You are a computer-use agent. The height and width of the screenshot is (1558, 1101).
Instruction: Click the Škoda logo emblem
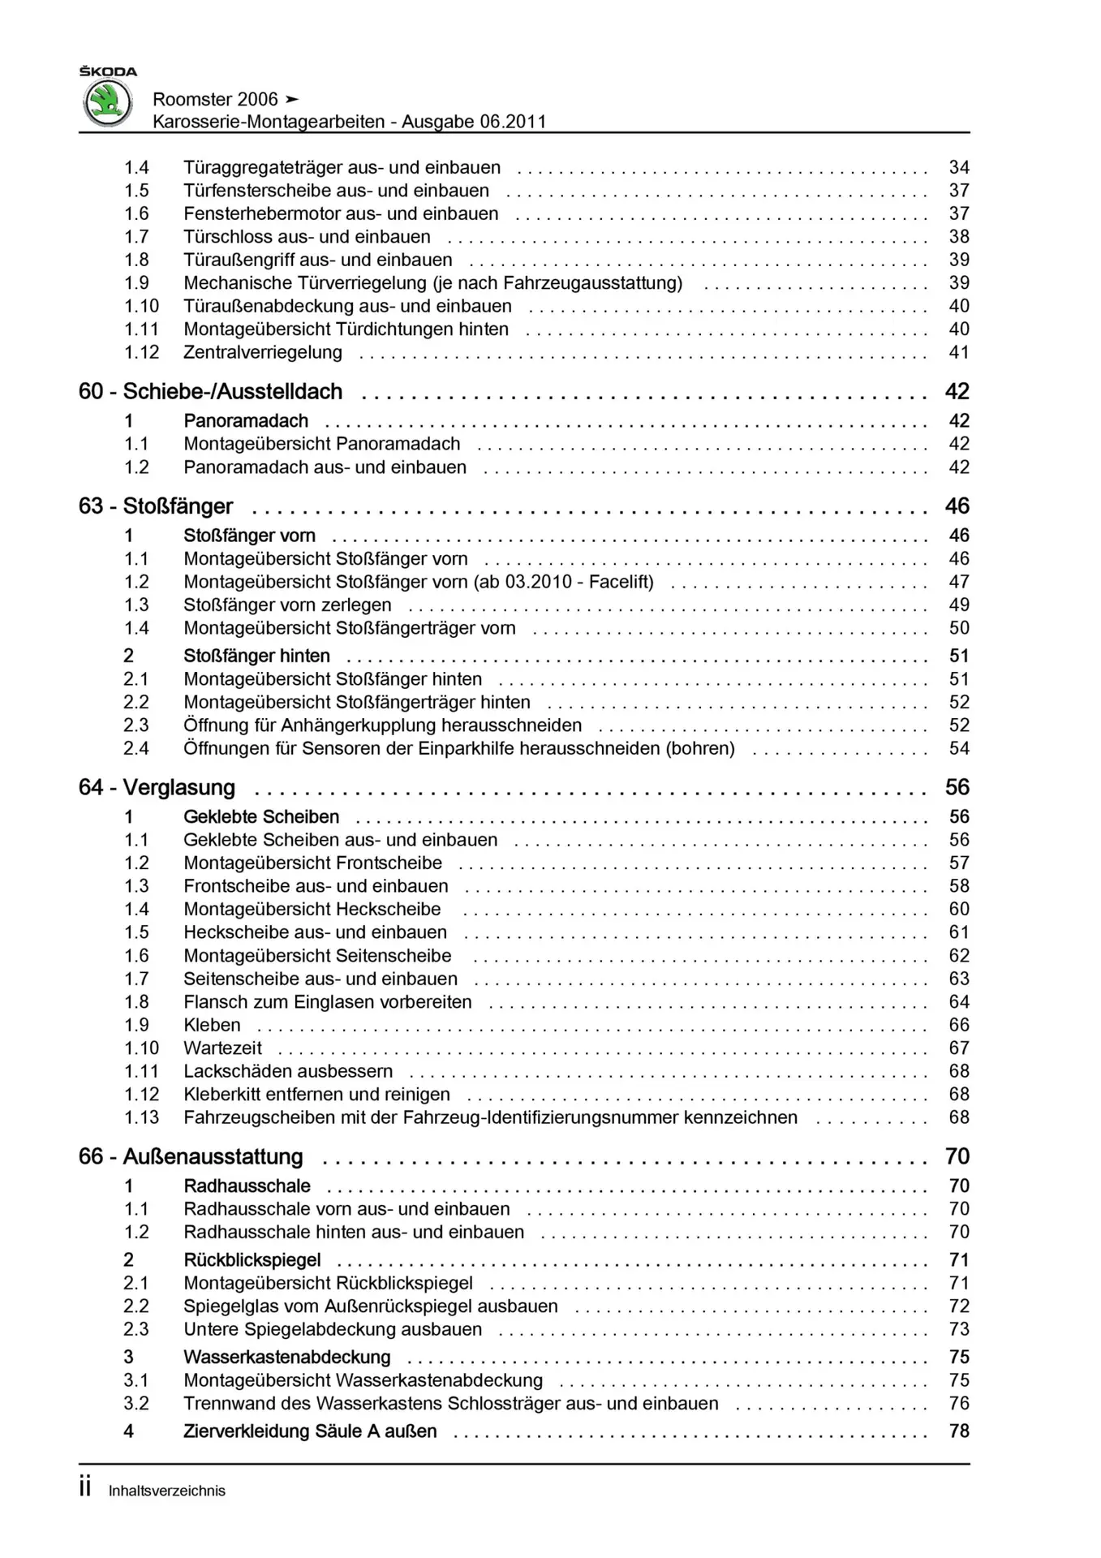pyautogui.click(x=108, y=104)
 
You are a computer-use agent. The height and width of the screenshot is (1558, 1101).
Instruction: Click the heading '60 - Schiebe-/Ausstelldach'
pyautogui.click(x=210, y=392)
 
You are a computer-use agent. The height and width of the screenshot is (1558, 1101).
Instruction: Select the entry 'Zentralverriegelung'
pyautogui.click(x=262, y=352)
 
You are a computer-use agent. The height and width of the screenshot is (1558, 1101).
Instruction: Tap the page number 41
pyautogui.click(x=958, y=352)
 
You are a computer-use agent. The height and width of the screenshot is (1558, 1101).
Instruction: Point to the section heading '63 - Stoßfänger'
pyautogui.click(x=156, y=506)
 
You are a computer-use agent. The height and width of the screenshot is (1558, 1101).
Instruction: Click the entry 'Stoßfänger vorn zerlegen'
pyautogui.click(x=287, y=605)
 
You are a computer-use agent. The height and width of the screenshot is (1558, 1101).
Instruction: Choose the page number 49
pyautogui.click(x=958, y=605)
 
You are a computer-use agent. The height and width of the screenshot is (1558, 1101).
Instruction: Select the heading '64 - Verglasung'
pyautogui.click(x=157, y=788)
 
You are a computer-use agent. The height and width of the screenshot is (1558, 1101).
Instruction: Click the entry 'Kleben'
pyautogui.click(x=212, y=1026)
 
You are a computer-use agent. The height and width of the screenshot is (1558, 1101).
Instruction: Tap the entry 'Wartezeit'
pyautogui.click(x=222, y=1048)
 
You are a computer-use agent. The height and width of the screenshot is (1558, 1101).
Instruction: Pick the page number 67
pyautogui.click(x=958, y=1048)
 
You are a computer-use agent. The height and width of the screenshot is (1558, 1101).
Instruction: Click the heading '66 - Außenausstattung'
pyautogui.click(x=191, y=1157)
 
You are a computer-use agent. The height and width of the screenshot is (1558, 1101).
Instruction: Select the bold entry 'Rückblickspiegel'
pyautogui.click(x=252, y=1260)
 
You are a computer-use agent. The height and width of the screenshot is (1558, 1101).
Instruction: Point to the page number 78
pyautogui.click(x=958, y=1431)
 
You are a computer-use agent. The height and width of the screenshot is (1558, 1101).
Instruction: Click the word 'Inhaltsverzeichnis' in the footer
pyautogui.click(x=167, y=1491)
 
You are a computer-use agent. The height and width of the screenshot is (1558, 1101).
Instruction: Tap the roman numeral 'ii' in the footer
pyautogui.click(x=85, y=1488)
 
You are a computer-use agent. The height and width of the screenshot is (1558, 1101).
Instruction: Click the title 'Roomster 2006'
pyautogui.click(x=215, y=99)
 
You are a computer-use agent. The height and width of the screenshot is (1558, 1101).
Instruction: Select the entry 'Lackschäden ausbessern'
pyautogui.click(x=288, y=1072)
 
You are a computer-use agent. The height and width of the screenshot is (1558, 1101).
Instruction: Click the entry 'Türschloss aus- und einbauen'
pyautogui.click(x=307, y=237)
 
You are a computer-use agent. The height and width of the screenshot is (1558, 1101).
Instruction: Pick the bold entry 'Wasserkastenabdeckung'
pyautogui.click(x=286, y=1358)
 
